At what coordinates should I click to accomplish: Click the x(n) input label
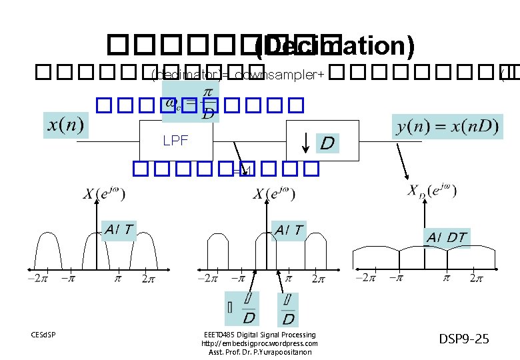click(x=66, y=124)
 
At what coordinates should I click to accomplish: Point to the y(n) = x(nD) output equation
click(x=447, y=125)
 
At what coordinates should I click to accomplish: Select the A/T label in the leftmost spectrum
click(x=119, y=230)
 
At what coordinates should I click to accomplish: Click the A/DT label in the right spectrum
click(x=447, y=237)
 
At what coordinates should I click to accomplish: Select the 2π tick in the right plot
click(x=476, y=278)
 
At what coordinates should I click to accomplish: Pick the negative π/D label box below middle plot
click(x=244, y=308)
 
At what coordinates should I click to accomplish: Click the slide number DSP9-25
click(x=464, y=339)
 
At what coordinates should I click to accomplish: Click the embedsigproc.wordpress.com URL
click(x=259, y=343)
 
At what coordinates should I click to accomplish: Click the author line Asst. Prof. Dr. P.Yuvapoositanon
click(x=259, y=352)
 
